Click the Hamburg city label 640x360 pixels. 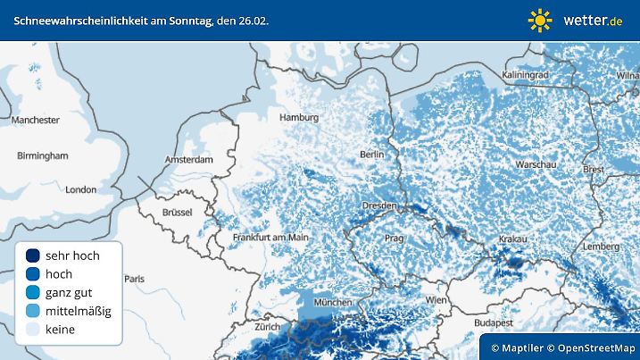pyautogui.click(x=299, y=118)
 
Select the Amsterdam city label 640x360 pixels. pyautogui.click(x=188, y=160)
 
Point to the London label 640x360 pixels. pyautogui.click(x=80, y=189)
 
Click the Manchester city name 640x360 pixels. pyautogui.click(x=36, y=120)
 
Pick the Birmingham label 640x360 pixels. pyautogui.click(x=42, y=155)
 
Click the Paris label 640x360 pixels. pyautogui.click(x=134, y=279)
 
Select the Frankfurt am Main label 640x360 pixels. pyautogui.click(x=270, y=238)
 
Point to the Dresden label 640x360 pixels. pyautogui.click(x=378, y=205)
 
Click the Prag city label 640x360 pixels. pyautogui.click(x=395, y=239)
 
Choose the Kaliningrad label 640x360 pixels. pyautogui.click(x=525, y=75)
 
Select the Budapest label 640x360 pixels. pyautogui.click(x=495, y=322)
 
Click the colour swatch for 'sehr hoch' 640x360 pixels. pyautogui.click(x=33, y=255)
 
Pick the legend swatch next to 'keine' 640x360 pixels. pyautogui.click(x=33, y=330)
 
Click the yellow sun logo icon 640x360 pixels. pyautogui.click(x=540, y=20)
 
